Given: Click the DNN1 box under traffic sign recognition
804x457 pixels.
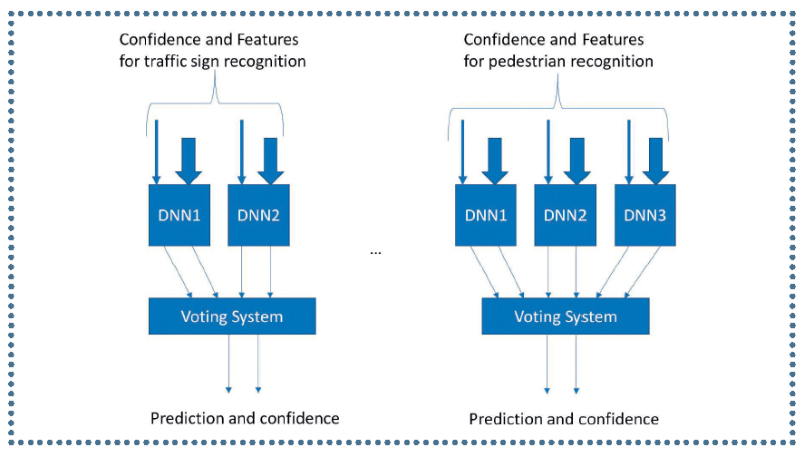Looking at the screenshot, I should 179,216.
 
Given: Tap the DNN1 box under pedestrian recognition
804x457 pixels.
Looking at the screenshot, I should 486,216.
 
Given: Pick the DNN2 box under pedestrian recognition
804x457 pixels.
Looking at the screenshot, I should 566,216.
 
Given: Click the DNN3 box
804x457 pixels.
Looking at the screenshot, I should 645,216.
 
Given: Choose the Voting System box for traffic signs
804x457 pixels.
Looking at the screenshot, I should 232,316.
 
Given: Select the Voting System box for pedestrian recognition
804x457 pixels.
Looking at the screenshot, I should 566,316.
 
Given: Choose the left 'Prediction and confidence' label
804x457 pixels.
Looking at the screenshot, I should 245,418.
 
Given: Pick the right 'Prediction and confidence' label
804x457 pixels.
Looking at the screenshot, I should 564,419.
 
